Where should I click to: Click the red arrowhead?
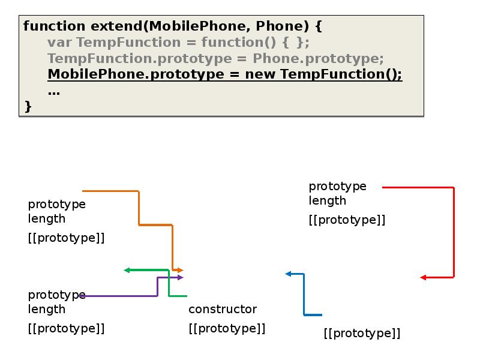tap(424, 277)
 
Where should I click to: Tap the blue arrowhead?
tap(288, 274)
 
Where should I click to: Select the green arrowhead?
tap(127, 270)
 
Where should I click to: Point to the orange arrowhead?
tap(181, 271)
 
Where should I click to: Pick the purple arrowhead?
tap(181, 277)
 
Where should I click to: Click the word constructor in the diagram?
tap(223, 309)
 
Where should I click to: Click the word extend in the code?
tap(116, 26)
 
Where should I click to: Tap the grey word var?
tap(59, 43)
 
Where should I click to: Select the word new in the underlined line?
tap(260, 74)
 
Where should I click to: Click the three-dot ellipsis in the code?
tap(54, 93)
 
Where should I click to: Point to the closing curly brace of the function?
tap(28, 107)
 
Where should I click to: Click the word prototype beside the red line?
tap(337, 186)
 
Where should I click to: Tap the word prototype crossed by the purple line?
tap(56, 295)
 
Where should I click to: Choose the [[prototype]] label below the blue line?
tap(362, 333)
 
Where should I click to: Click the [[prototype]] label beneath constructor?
tap(227, 328)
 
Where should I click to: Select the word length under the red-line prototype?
tap(327, 201)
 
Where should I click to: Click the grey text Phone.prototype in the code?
tap(318, 58)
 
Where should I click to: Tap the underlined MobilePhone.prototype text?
tap(136, 74)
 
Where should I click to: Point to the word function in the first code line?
tap(54, 26)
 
